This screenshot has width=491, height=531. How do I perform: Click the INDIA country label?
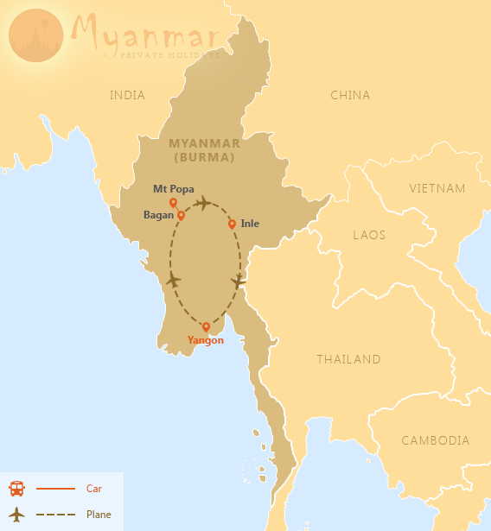pos(127,95)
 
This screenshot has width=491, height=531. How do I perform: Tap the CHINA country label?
pos(350,95)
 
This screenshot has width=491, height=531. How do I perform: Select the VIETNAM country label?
pos(437,188)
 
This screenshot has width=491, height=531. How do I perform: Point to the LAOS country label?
pos(370,234)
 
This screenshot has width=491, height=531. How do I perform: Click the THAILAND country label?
pos(348,359)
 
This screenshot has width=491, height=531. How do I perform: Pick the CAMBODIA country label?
pos(436,440)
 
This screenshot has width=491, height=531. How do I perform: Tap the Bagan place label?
pos(158,215)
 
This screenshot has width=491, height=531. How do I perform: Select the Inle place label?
pos(250,224)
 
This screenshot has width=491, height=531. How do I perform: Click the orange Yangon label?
pos(206,340)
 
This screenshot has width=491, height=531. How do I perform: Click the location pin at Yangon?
pos(206,327)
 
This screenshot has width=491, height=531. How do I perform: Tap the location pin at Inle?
pos(232,224)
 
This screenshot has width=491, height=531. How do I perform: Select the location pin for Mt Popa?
pos(173,203)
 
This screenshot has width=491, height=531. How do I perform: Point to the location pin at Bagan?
pos(181,215)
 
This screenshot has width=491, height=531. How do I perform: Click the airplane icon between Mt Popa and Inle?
pos(202,204)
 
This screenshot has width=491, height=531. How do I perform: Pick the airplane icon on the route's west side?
pos(174,280)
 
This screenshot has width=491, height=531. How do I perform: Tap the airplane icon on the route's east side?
pos(239,281)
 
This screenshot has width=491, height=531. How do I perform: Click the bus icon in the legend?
pos(16,489)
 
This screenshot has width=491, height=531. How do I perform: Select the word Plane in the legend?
pos(99,515)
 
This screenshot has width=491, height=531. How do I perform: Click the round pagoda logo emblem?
pos(36,36)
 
